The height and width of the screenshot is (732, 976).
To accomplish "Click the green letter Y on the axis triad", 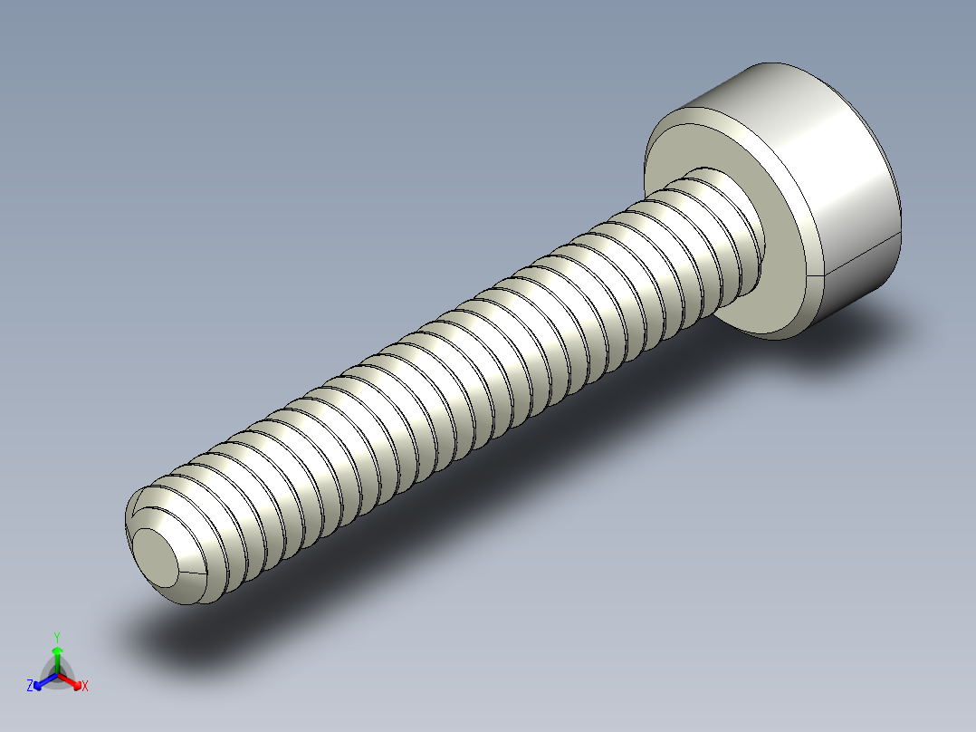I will (56, 637).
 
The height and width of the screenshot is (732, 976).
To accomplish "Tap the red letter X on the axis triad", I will (85, 687).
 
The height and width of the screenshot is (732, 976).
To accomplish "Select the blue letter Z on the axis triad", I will (30, 687).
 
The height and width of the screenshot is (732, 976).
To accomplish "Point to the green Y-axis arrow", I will (56, 656).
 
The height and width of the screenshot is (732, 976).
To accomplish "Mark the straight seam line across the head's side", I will (860, 254).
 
